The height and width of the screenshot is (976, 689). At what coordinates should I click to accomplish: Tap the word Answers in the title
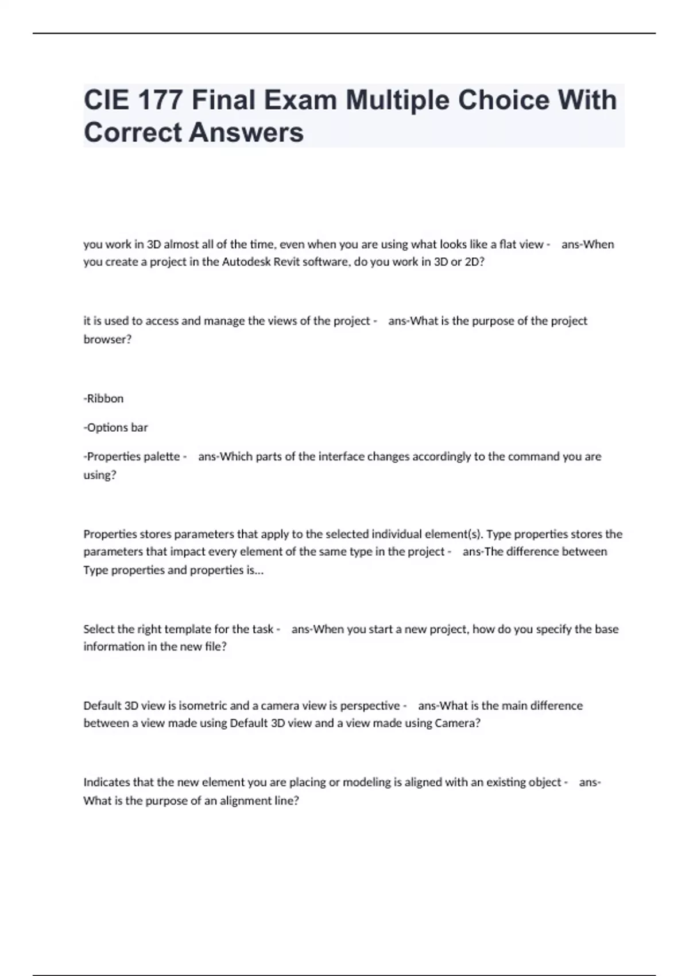point(246,133)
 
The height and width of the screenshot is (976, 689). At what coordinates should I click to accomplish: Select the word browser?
point(107,339)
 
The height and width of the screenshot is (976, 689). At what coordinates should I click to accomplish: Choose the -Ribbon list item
point(103,398)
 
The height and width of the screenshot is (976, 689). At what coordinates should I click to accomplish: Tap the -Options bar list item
point(115,428)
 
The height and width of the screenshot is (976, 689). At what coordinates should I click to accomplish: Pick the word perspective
point(370,706)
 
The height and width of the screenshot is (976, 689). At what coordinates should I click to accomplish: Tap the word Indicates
point(106,782)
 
